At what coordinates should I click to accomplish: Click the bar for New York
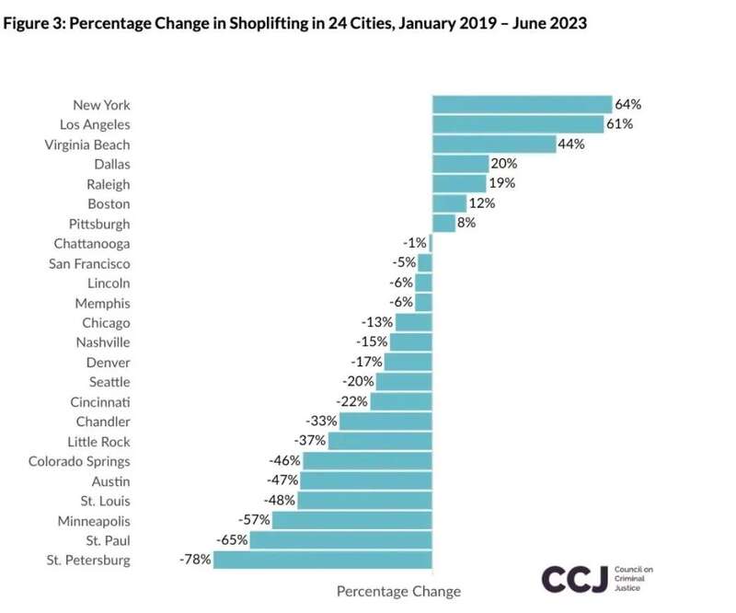pos(522,105)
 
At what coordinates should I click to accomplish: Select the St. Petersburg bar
pos(323,560)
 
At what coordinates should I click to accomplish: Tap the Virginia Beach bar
pos(494,145)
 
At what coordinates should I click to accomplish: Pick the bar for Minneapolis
pos(352,520)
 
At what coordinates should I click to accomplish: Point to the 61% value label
pos(618,124)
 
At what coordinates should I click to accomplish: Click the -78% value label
pos(196,559)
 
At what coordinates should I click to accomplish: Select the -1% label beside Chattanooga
pos(415,243)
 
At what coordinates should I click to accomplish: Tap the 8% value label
pos(466,223)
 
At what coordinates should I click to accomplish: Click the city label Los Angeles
pos(95,124)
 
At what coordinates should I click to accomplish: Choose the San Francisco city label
pos(89,263)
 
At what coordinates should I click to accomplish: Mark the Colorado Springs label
pos(79,461)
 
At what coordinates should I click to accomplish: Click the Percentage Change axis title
pos(398,591)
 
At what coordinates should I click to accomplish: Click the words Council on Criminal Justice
pos(633,578)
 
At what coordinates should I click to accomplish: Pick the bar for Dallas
pos(460,164)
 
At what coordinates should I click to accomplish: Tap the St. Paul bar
pos(341,539)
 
